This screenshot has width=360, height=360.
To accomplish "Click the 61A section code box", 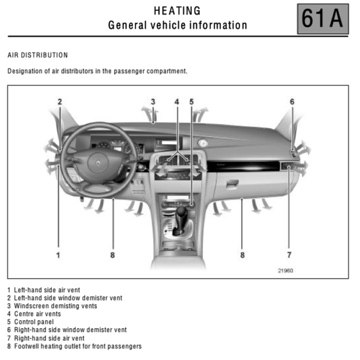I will tap(322, 19).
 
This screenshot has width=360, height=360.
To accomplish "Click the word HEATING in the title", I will tap(177, 11).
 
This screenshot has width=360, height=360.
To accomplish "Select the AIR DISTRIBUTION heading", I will tap(38, 55).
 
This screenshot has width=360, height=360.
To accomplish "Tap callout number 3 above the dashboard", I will tap(153, 102).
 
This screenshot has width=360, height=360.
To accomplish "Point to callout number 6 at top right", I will tap(292, 102).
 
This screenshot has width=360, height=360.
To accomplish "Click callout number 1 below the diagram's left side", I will tap(58, 255).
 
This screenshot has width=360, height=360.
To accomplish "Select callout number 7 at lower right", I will tap(289, 255).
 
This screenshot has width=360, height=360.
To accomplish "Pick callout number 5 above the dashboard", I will tap(191, 102).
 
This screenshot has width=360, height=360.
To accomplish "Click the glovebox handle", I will tap(232, 184).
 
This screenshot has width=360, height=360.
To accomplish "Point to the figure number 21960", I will tap(285, 270).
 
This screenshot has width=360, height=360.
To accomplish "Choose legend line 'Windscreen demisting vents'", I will tap(52, 306).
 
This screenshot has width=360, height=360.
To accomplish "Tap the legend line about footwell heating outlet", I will tap(74, 346).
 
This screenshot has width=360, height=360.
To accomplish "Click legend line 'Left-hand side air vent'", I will tap(44, 290).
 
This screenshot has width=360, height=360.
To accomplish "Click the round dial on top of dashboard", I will tap(202, 142).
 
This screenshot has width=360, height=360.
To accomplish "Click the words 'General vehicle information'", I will tap(177, 25).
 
